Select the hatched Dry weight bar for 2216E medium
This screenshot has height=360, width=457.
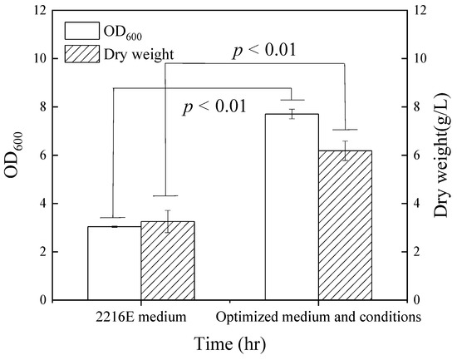(x=167, y=260)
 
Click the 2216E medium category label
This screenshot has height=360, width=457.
(x=141, y=317)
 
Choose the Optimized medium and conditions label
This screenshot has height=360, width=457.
(x=317, y=317)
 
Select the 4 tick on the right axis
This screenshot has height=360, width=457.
(x=419, y=204)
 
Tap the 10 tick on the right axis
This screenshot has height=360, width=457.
(x=421, y=59)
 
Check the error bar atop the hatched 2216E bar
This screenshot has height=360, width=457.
(x=167, y=221)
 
